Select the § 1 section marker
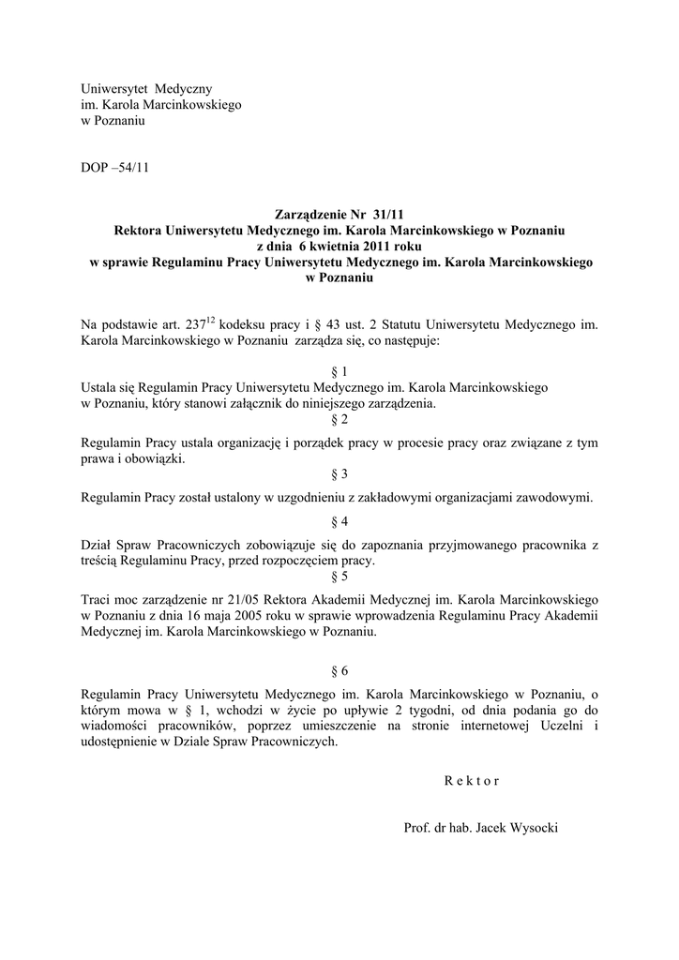[339, 372]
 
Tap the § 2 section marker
[339, 420]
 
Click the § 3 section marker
[339, 474]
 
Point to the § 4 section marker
[339, 521]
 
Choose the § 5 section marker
[339, 577]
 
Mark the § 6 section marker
[339, 671]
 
